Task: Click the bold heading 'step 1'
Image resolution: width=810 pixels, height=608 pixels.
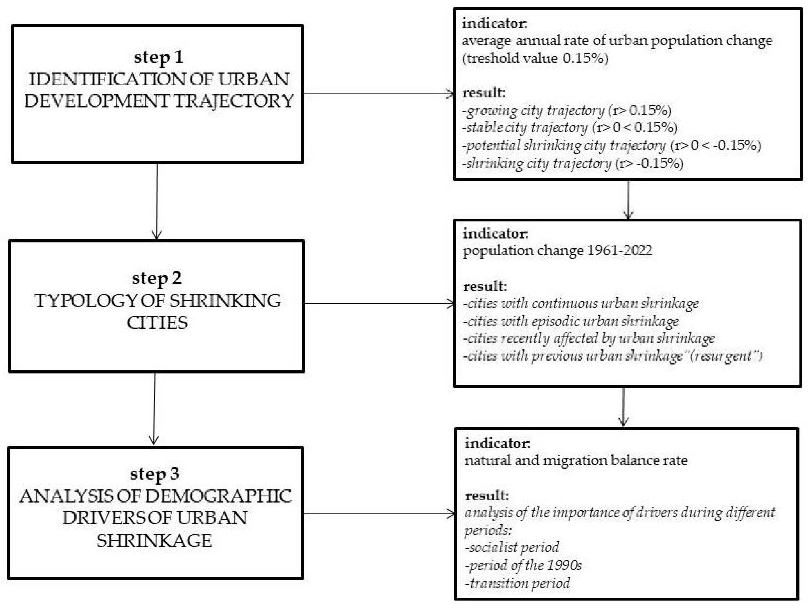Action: point(158,57)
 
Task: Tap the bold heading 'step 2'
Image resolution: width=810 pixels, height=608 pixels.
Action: point(156,278)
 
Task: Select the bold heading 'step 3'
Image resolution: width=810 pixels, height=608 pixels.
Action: point(154,474)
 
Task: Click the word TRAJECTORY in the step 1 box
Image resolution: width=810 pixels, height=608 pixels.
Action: point(234,101)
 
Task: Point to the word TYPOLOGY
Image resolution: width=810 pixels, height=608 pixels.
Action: point(86,301)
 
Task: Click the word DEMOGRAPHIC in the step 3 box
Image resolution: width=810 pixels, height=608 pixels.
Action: point(218,496)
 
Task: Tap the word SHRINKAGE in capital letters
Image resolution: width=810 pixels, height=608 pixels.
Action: point(154,541)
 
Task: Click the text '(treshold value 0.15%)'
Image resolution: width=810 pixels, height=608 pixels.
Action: point(535,58)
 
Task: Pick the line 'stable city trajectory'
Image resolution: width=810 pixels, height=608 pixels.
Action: point(526,128)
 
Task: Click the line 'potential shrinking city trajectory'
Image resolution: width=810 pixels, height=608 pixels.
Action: point(564,145)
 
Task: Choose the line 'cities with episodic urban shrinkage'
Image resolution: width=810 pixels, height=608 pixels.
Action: point(571,321)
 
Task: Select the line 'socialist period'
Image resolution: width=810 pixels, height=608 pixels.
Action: point(512,547)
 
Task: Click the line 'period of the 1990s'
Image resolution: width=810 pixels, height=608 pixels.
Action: point(523,565)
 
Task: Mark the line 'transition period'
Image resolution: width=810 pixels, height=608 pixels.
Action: point(517,583)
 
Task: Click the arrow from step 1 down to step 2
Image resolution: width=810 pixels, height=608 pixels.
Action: point(157,201)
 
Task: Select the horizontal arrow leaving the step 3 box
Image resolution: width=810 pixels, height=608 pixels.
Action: point(379,514)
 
